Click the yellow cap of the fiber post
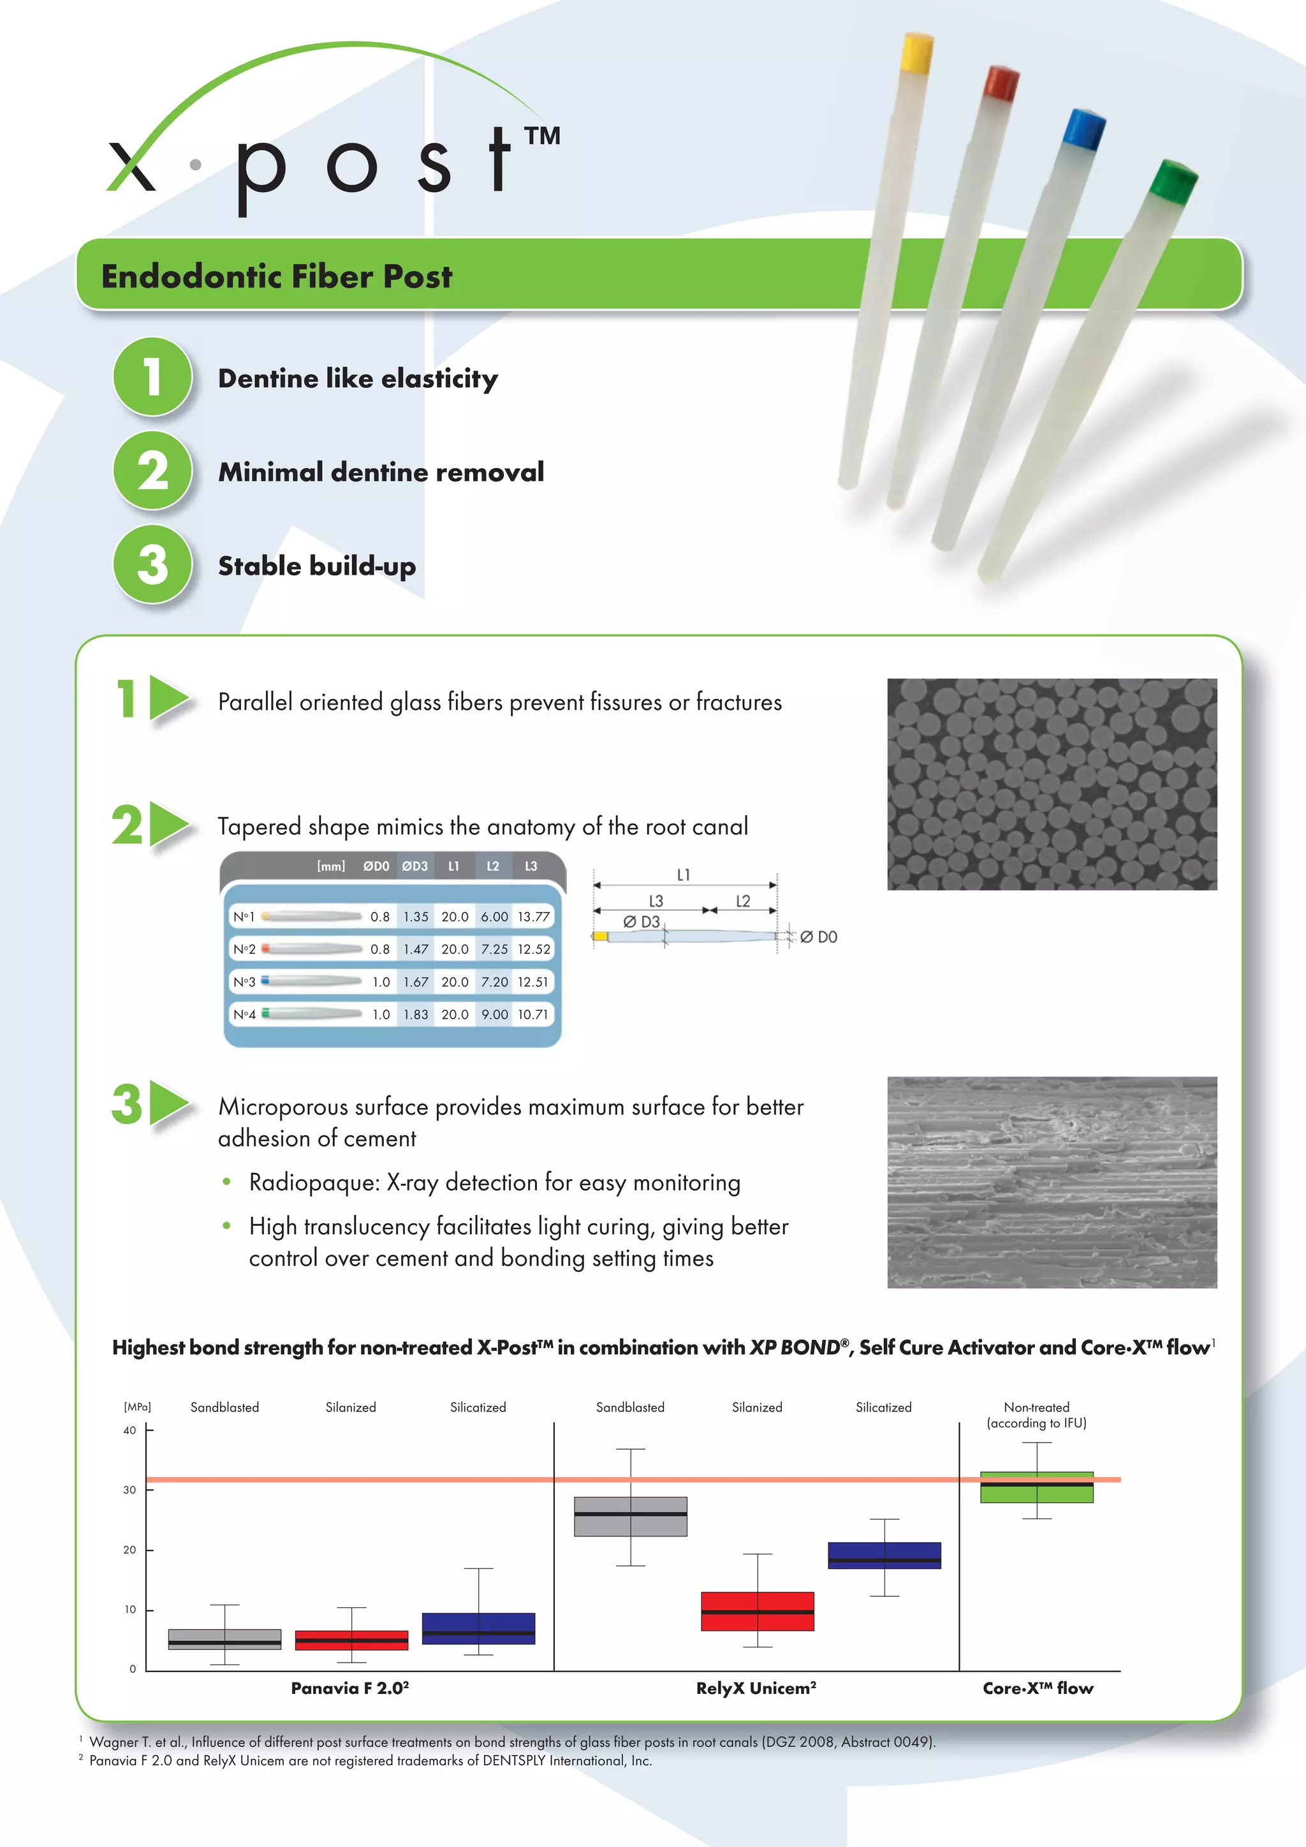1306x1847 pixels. (x=917, y=53)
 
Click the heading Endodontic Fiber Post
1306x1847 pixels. (x=277, y=276)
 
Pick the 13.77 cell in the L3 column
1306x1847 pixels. (x=533, y=916)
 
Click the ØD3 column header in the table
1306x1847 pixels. (x=415, y=866)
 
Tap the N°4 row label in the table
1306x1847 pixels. (x=244, y=1015)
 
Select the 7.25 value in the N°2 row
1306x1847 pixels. (x=494, y=949)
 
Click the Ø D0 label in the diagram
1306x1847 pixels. (x=819, y=936)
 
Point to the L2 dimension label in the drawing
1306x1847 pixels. (x=743, y=901)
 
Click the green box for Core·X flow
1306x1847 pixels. (x=1037, y=1487)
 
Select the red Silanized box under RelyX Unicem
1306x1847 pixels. (x=757, y=1611)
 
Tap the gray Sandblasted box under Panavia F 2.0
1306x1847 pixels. (x=224, y=1640)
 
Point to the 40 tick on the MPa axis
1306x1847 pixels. (x=129, y=1431)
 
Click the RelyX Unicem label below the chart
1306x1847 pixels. (x=756, y=1688)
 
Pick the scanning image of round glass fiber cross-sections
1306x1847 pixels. (x=1052, y=784)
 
